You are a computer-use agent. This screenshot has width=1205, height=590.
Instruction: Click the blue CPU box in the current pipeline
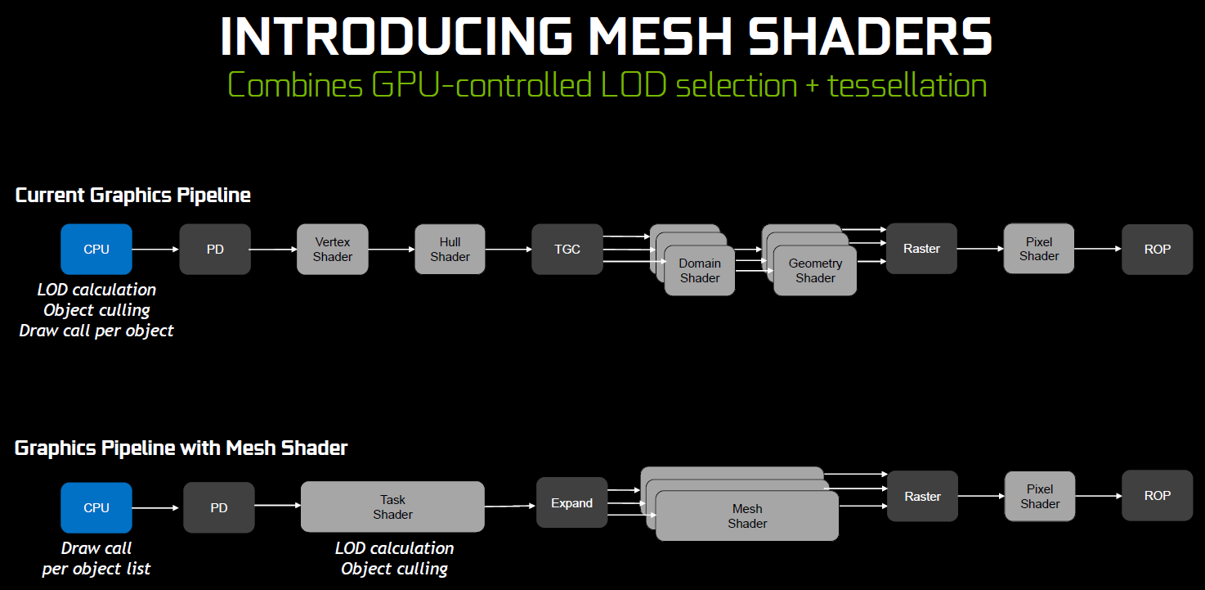coord(96,249)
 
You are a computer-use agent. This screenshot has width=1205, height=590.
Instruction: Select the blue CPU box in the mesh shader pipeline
coord(96,507)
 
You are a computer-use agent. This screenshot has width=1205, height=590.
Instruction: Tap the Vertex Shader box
coord(333,249)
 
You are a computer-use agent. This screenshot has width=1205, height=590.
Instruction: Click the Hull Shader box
coord(450,249)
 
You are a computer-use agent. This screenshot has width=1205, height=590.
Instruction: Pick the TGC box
coord(567,249)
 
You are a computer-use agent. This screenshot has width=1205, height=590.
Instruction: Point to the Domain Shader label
coord(700,271)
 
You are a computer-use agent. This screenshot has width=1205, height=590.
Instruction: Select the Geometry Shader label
coord(815,271)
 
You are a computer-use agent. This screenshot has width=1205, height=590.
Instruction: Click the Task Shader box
coord(392,507)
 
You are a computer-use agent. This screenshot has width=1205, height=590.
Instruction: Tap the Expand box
coord(571,502)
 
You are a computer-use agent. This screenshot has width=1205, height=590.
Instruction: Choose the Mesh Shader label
coord(747,516)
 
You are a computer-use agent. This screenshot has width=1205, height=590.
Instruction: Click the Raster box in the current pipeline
coord(921,249)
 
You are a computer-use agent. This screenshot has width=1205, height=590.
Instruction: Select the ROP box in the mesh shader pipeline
coord(1157,495)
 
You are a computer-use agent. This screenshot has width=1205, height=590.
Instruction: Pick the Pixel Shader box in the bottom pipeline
coord(1039,496)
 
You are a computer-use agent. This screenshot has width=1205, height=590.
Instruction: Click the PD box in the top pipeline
coord(215,249)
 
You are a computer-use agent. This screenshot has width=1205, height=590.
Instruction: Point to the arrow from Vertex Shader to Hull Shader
coord(391,250)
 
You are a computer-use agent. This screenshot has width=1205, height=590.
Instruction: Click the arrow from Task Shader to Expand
coord(510,507)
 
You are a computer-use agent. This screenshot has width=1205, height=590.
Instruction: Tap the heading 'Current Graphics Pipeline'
coord(133,195)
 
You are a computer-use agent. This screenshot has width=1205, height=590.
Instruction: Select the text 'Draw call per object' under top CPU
coord(96,331)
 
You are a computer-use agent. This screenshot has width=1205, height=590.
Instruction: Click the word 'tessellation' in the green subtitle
coord(907,85)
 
